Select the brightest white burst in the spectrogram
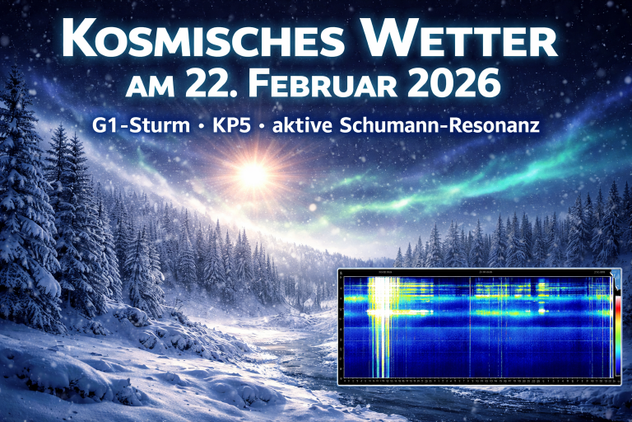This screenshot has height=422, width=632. click(x=381, y=312)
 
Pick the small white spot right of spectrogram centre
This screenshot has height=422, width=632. click(x=541, y=312)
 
